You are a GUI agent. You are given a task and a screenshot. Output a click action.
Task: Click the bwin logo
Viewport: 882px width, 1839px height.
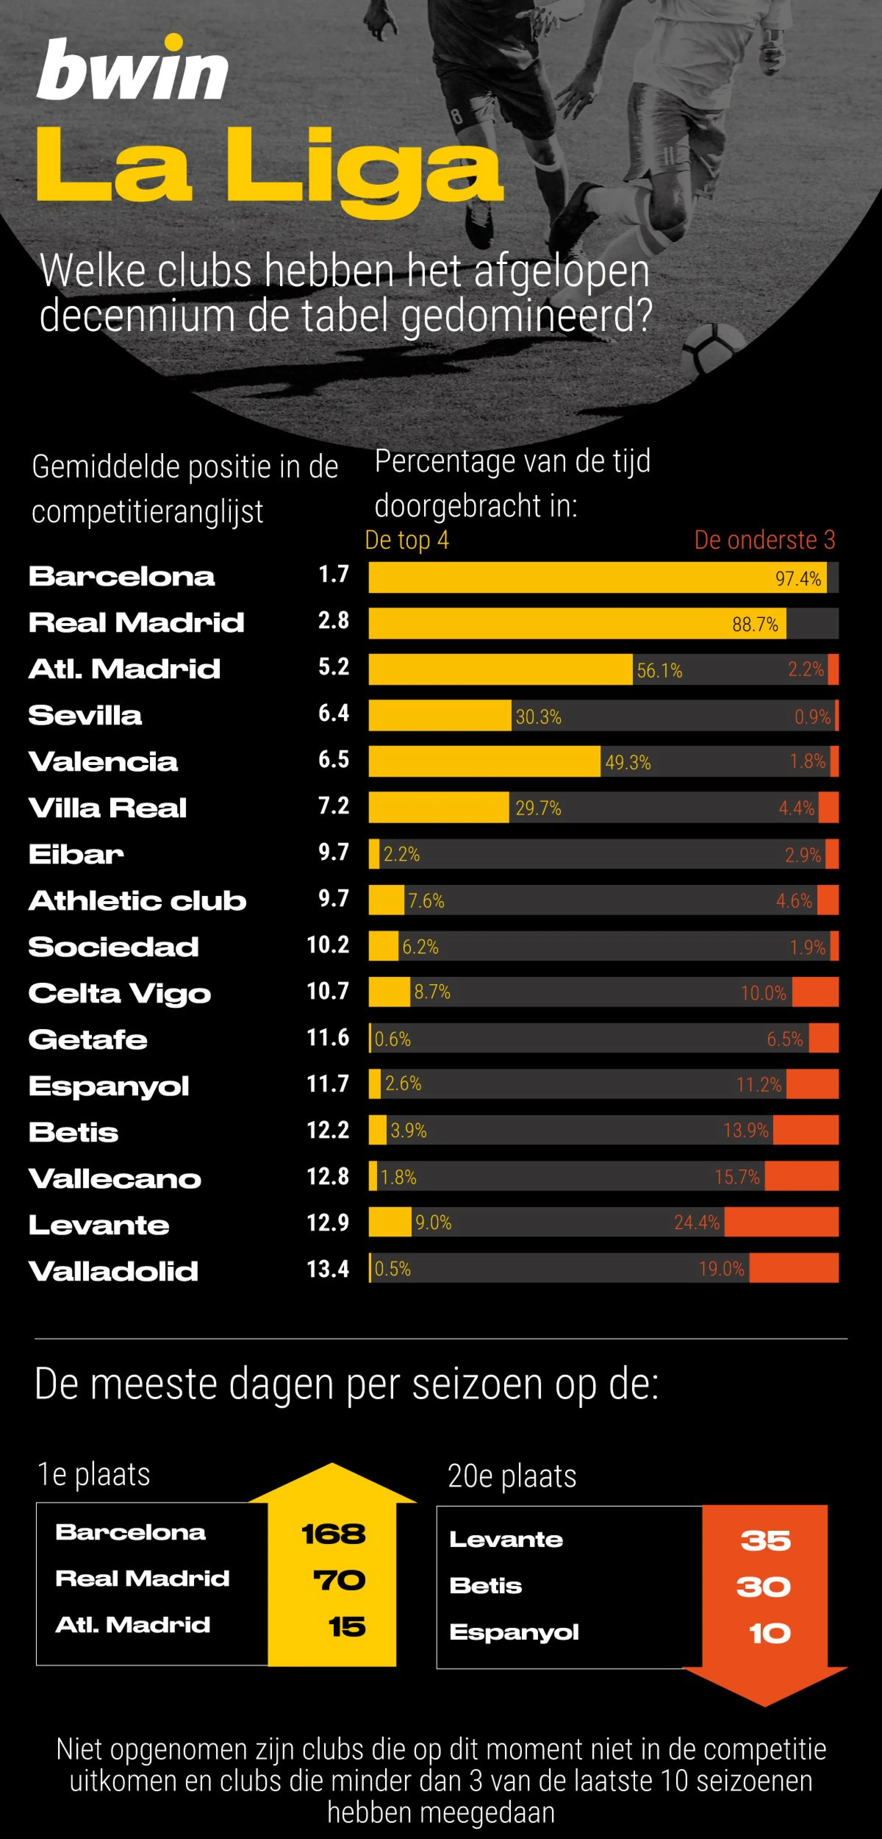pos(132,70)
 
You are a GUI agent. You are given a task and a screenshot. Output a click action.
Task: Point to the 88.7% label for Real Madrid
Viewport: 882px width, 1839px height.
pos(755,625)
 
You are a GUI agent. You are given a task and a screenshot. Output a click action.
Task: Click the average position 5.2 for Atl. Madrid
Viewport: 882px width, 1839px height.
pos(333,667)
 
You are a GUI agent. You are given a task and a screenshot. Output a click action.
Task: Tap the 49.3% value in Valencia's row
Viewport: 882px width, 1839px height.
pos(628,762)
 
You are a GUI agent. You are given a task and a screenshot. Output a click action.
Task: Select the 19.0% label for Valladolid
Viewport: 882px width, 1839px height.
pos(721,1269)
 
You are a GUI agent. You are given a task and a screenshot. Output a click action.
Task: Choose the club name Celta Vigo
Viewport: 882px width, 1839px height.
pos(120,993)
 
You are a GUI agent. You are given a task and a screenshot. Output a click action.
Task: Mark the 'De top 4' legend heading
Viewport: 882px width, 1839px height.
pos(407,540)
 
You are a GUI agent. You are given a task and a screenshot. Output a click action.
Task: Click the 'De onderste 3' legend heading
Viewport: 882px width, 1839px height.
pos(764,540)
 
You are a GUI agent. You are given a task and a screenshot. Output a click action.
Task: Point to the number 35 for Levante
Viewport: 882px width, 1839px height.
pos(765,1541)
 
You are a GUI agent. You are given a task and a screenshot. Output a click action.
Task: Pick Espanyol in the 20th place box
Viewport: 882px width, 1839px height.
pos(514,1632)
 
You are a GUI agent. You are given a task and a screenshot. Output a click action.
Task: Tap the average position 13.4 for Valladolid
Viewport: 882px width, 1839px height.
pos(328,1269)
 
